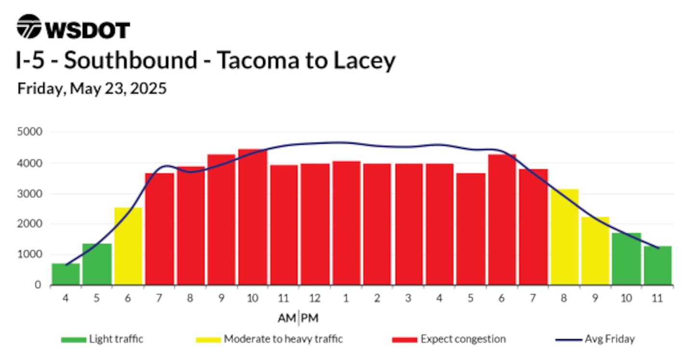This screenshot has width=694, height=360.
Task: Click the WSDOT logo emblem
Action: tap(29, 27)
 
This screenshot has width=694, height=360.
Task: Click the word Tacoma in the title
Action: tap(258, 60)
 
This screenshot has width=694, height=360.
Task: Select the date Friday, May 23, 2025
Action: tap(92, 88)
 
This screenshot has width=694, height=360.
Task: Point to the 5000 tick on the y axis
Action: tap(30, 132)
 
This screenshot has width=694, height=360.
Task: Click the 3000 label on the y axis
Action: tap(30, 194)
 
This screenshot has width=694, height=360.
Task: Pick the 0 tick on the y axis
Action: tap(38, 285)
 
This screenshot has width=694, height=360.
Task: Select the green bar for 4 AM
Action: tap(66, 274)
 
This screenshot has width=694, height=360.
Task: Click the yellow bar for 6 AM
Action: tap(128, 246)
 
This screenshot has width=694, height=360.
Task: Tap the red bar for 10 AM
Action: tap(253, 217)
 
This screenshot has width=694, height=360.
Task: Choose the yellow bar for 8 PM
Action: tap(564, 237)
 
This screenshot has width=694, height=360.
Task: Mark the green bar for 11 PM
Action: tap(658, 266)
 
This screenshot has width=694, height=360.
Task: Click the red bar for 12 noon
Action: tap(315, 224)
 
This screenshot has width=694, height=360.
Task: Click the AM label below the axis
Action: tap(287, 318)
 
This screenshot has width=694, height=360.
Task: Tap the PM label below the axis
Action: tap(310, 318)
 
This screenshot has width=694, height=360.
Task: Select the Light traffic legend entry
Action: tap(102, 339)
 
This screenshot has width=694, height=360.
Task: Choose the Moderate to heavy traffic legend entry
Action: tap(269, 339)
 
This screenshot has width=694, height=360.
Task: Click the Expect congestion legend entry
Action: tap(449, 339)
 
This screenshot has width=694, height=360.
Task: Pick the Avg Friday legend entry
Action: tap(595, 339)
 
